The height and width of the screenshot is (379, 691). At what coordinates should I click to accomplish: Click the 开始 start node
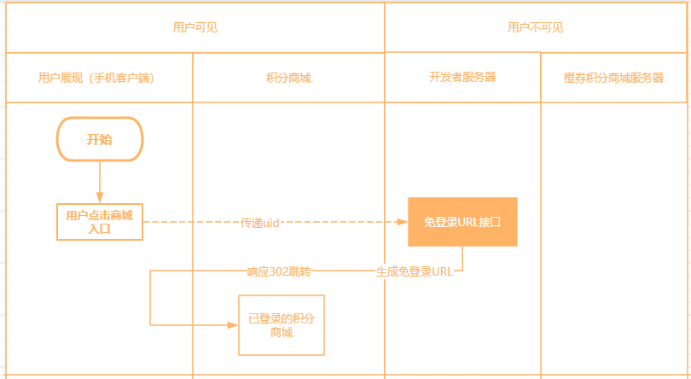100,139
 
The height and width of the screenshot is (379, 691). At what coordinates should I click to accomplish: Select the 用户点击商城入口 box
100,222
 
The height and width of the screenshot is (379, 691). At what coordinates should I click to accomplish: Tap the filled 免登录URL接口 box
462,222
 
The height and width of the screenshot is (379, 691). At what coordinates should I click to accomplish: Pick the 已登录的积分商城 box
282,325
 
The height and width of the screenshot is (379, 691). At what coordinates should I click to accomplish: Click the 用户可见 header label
195,27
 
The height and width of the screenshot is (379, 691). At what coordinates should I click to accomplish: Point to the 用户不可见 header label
536,27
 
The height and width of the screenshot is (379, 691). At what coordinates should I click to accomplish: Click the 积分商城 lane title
288,78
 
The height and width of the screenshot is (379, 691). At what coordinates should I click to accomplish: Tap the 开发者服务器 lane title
462,77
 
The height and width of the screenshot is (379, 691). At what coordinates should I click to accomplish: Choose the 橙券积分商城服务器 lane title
613,78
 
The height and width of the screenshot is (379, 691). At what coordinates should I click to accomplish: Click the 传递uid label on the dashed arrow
260,222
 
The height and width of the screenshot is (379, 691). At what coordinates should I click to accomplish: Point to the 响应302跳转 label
279,271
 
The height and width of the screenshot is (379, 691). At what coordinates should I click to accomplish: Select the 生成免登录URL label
415,272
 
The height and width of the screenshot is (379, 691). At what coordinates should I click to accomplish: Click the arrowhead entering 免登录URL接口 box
403,222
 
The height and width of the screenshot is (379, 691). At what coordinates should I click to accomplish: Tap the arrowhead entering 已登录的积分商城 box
233,325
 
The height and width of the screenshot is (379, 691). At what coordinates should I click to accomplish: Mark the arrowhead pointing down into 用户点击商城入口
100,199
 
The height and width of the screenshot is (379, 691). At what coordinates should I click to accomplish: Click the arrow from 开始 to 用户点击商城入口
100,179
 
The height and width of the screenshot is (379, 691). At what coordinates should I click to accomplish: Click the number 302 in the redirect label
279,271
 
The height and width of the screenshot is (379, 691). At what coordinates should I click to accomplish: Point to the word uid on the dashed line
271,222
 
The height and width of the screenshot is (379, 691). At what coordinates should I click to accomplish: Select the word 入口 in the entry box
100,228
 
